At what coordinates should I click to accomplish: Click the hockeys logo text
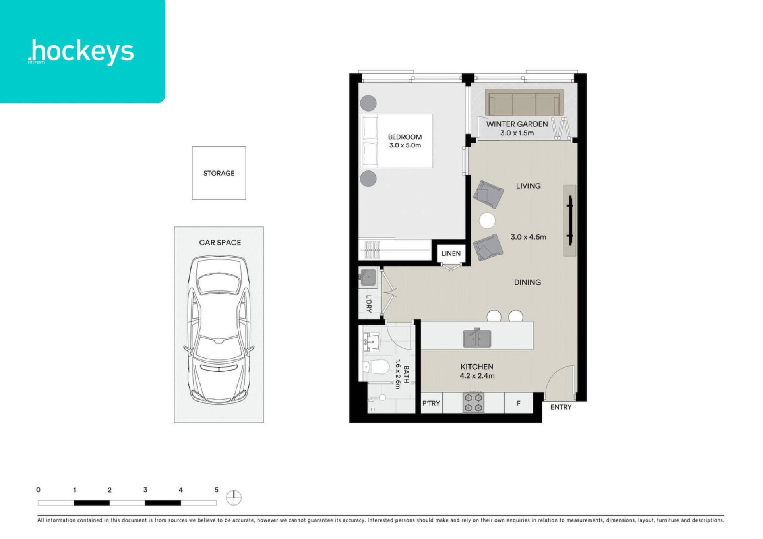[x=81, y=52]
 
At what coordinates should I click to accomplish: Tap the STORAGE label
[x=219, y=173]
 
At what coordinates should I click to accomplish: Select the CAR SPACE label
[x=220, y=242]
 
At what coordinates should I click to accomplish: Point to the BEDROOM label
[x=405, y=137]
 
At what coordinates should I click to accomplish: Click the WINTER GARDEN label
[x=517, y=124]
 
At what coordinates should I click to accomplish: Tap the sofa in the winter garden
[x=524, y=102]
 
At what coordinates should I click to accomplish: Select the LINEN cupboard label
[x=451, y=253]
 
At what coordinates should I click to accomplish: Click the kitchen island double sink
[x=477, y=338]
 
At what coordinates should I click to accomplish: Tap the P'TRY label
[x=431, y=403]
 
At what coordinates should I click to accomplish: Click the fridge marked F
[x=519, y=403]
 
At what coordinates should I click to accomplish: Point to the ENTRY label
[x=561, y=407]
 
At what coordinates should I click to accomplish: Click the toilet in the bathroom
[x=376, y=367]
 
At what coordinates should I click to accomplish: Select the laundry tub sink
[x=368, y=277]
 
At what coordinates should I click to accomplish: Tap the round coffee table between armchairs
[x=487, y=221]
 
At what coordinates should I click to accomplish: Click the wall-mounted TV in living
[x=570, y=220]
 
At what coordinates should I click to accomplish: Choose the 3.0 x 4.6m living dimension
[x=528, y=237]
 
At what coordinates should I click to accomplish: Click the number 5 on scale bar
[x=216, y=490]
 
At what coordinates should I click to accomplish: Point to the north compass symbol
[x=234, y=497]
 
